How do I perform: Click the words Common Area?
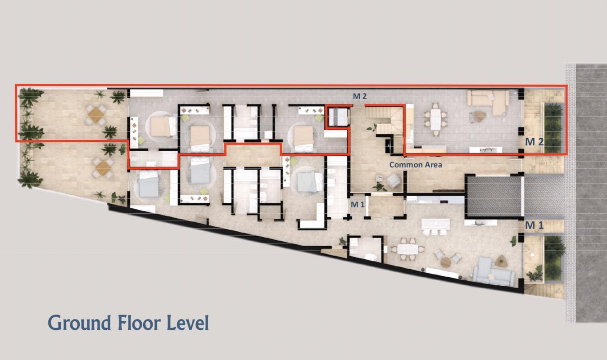416,165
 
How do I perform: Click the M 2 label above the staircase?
360,96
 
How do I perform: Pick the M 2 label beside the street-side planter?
534,142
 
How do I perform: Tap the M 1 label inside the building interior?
358,204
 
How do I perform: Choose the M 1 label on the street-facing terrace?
534,225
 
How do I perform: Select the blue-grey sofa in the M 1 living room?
494,272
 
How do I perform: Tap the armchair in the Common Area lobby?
394,181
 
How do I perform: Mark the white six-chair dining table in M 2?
435,119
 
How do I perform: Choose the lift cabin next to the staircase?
338,117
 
